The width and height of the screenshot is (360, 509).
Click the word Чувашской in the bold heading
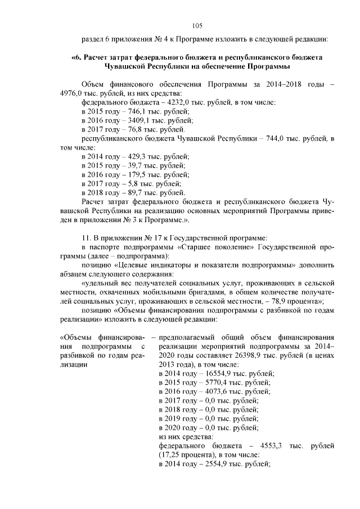point(129,66)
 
